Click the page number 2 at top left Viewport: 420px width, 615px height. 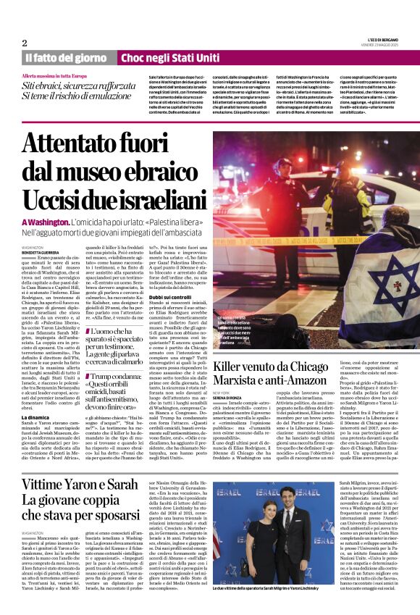pyautogui.click(x=25, y=43)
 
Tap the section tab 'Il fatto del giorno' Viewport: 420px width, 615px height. pyautogui.click(x=65, y=57)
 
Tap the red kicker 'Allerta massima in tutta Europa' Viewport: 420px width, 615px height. pyautogui.click(x=54, y=76)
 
